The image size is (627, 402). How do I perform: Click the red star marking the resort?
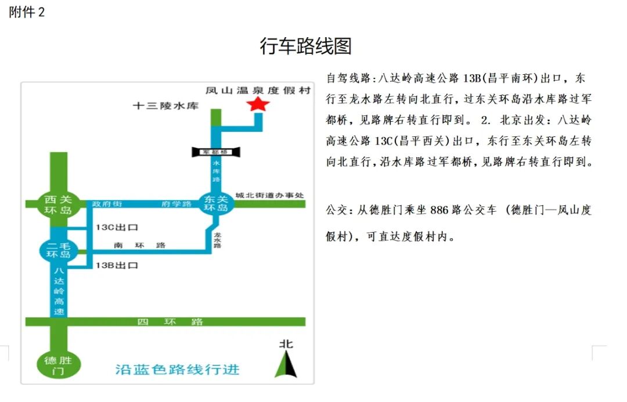258,104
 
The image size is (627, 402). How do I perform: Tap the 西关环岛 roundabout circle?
59,205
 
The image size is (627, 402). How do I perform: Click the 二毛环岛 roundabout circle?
59,250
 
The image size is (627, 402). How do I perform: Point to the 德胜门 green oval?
59,365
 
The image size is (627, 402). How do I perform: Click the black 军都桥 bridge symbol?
216,152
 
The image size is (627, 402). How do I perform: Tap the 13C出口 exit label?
117,227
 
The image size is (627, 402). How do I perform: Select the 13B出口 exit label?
117,265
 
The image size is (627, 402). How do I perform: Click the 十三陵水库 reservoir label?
166,106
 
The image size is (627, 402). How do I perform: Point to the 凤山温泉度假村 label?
258,90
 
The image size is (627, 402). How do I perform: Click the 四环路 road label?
170,322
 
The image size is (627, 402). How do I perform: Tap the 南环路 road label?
139,245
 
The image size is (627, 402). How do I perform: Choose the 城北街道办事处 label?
269,195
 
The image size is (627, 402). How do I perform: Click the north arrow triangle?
286,364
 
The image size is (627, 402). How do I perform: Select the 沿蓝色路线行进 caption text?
178,370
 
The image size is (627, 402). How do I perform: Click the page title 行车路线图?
306,46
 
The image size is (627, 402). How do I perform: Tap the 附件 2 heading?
27,12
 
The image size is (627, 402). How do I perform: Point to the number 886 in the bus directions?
439,210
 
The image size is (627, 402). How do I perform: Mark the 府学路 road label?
176,204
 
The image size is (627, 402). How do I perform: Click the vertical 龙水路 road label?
218,240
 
